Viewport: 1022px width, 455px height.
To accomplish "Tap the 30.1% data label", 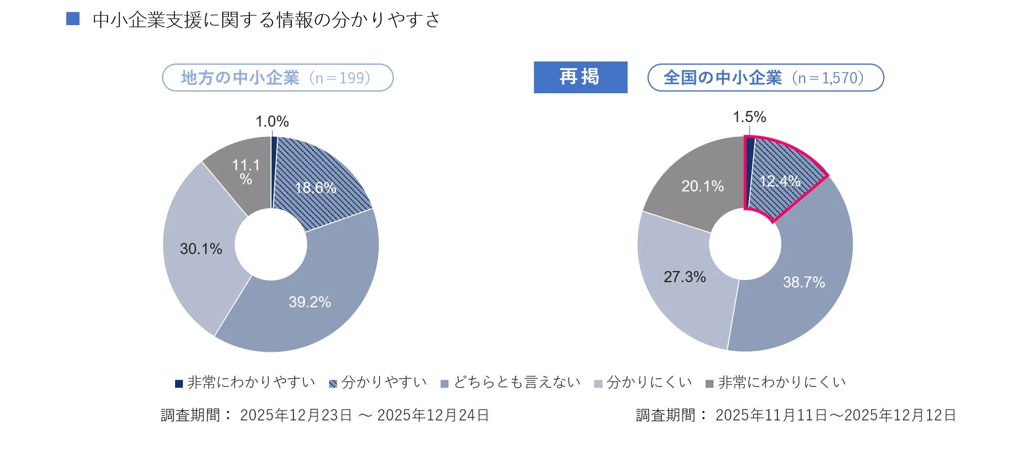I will pos(201,249).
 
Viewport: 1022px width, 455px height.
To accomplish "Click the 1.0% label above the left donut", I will pos(272,121).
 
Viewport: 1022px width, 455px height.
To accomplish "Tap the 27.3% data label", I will pos(684,277).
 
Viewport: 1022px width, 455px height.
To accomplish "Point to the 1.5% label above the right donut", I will pos(749,117).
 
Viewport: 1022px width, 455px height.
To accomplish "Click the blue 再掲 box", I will pos(580,77).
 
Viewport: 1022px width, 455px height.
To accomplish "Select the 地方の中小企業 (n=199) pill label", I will pos(277,78).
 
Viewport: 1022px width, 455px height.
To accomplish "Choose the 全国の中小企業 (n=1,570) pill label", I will pos(765,78).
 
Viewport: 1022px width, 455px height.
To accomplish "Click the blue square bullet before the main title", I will pos(73,19).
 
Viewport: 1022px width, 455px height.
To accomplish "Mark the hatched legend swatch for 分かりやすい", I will pos(333,384).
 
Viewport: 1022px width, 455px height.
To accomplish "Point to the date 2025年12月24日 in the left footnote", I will pos(433,415).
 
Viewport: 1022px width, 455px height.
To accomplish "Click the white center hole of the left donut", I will pos(271,245).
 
